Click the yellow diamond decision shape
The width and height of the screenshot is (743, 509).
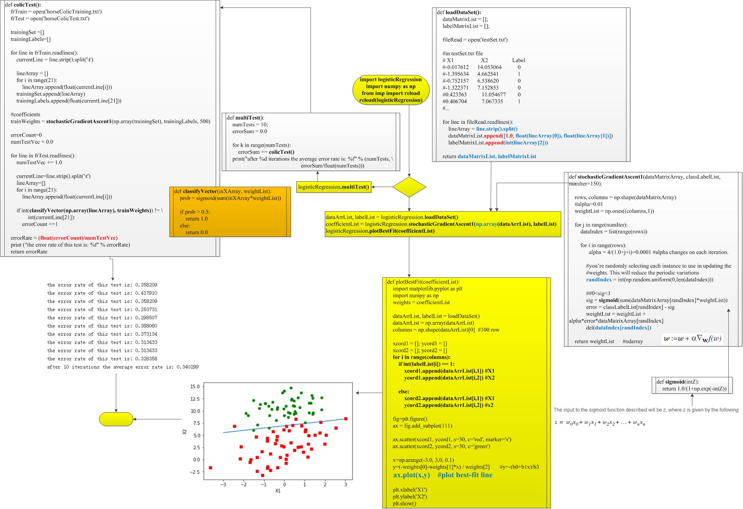coord(409,187)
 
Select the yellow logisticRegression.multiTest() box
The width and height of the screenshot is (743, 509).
coord(334,187)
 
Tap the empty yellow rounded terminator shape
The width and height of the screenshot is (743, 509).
coord(116,419)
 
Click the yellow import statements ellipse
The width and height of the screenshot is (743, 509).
coord(390,90)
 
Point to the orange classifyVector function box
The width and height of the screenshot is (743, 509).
coord(230,212)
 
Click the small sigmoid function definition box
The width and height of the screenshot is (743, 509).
coord(692,385)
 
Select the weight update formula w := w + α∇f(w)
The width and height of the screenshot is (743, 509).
coord(692,338)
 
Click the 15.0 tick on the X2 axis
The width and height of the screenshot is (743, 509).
coord(195,387)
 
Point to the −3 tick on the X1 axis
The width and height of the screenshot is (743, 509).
coord(223,484)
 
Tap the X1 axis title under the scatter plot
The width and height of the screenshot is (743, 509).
coord(278,491)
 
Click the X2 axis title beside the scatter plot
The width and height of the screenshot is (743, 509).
coord(184,432)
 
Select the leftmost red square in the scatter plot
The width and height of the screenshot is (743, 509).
coord(210,468)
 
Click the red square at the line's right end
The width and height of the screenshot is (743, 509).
coord(345,419)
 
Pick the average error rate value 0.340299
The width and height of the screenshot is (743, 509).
coord(188,367)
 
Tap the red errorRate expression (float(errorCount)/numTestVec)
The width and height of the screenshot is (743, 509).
coord(78,238)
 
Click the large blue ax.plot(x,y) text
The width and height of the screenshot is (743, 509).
coord(411,475)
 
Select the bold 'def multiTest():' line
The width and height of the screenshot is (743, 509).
coord(245,118)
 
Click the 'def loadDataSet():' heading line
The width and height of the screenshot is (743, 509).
coord(459,12)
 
